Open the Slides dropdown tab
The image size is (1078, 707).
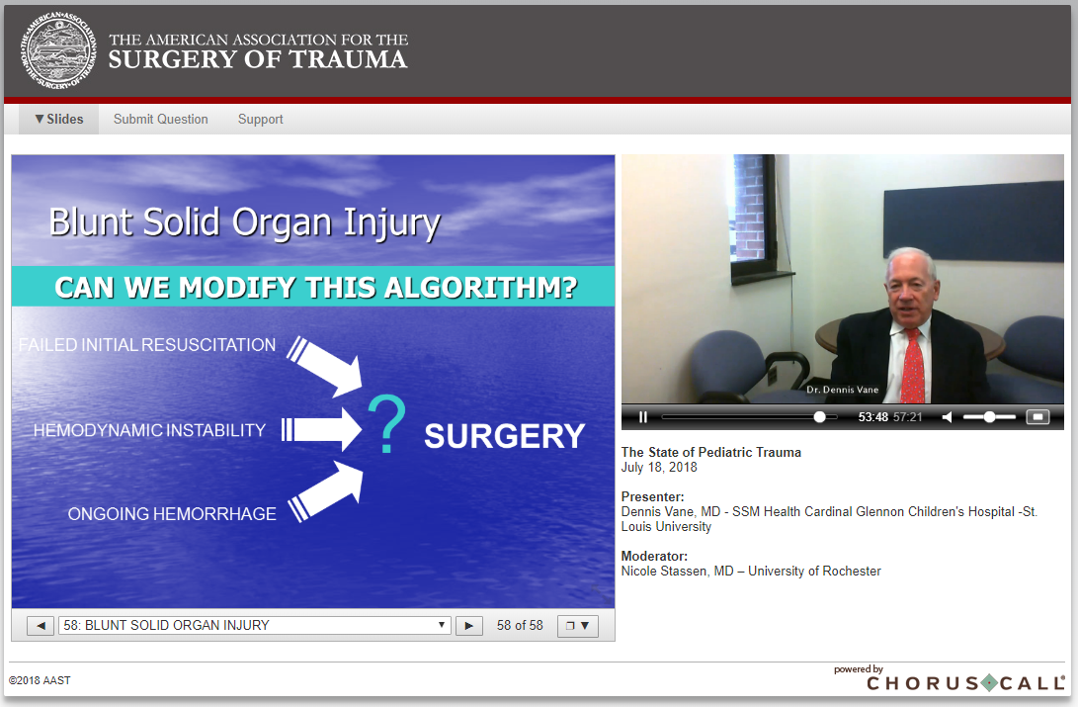tap(59, 119)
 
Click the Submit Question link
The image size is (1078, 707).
tap(161, 119)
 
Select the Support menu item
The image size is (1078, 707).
tap(261, 119)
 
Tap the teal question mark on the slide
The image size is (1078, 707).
tap(386, 423)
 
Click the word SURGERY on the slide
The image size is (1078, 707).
tap(505, 436)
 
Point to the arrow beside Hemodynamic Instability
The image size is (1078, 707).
tap(321, 430)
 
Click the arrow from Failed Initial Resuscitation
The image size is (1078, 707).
tap(324, 366)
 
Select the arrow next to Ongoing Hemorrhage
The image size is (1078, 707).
tap(326, 491)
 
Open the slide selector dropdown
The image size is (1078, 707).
tap(254, 625)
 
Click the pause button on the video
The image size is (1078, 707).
tap(643, 416)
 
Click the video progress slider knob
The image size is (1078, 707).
tap(819, 416)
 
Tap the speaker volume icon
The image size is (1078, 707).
tap(948, 416)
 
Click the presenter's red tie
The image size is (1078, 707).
tap(912, 367)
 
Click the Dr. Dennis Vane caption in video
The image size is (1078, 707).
tap(842, 390)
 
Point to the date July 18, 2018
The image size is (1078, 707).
tap(659, 467)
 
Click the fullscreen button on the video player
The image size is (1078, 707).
tap(1037, 416)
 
